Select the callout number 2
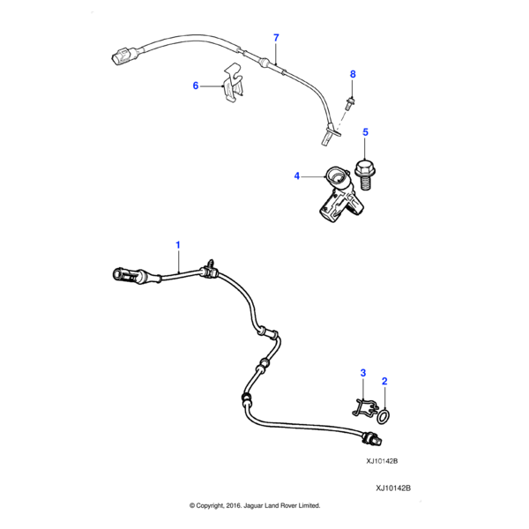coord(384,381)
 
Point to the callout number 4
coord(297,176)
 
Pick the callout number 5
coord(366,132)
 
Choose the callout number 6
coord(196,86)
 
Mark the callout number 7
coord(276,37)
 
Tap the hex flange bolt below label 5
coord(364,172)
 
